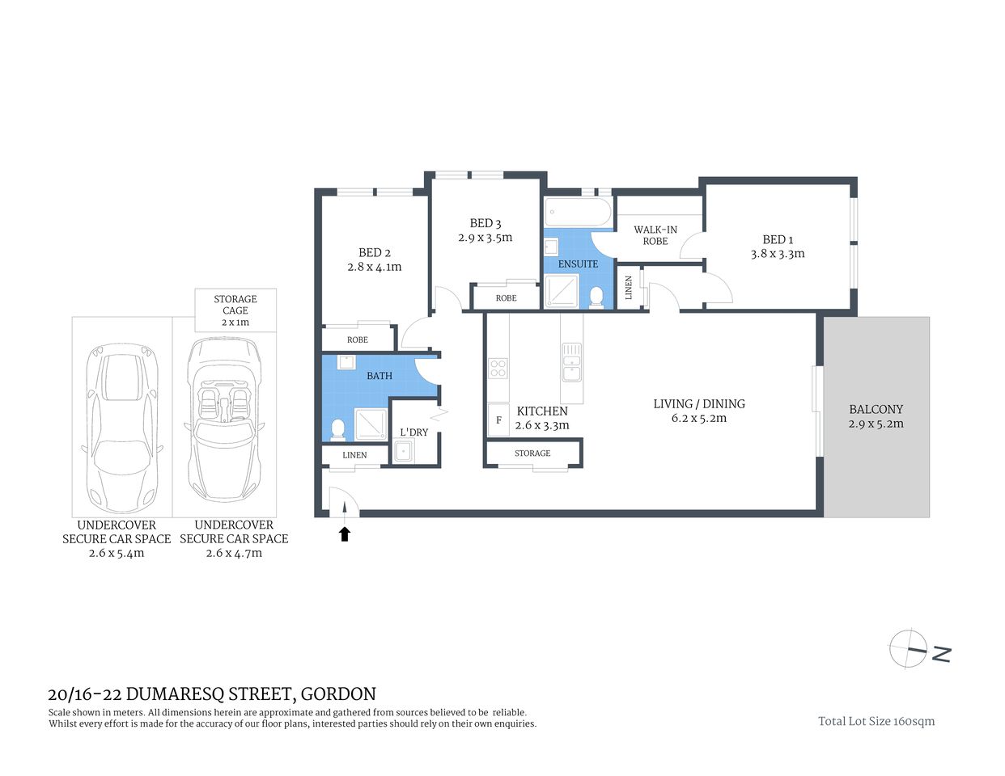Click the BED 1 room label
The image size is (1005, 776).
coord(777,239)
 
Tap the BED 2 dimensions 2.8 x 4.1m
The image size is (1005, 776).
coord(374,267)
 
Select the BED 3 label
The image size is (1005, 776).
coord(486,223)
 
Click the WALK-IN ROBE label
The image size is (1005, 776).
coord(655,235)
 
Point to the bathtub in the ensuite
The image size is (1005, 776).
coord(578,213)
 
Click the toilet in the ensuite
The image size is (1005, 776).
coord(596,297)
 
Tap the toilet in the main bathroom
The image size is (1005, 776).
coord(337,428)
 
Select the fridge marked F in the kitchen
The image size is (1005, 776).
coord(498,420)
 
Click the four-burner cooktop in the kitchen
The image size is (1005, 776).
coord(498,369)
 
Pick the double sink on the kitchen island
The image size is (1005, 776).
coord(571,362)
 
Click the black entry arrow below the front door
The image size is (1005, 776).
coord(345,533)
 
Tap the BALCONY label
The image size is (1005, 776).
coord(876,409)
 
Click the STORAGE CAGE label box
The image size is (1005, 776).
coord(235,310)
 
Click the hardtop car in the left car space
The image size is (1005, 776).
coord(122,420)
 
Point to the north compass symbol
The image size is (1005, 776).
coord(908,648)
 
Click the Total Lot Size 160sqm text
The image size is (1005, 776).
coord(876,721)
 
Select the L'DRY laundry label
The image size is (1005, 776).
coord(413,432)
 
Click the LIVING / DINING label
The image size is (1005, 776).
coord(699,403)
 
